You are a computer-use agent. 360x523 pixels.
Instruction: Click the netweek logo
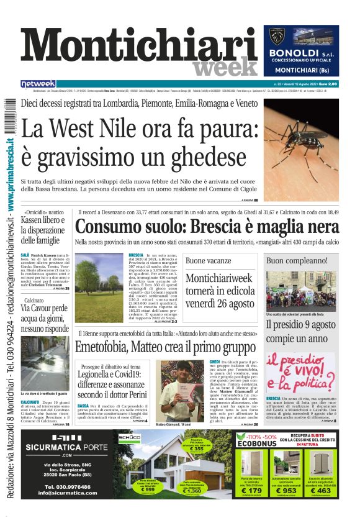38,84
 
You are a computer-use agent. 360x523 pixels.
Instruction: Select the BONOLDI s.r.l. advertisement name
301,54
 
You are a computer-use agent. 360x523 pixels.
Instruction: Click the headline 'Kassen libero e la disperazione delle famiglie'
42,230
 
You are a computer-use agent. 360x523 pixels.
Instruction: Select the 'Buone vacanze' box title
208,261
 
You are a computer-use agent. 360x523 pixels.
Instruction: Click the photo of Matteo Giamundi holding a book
174,391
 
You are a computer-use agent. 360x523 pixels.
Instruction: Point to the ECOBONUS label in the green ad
254,444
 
